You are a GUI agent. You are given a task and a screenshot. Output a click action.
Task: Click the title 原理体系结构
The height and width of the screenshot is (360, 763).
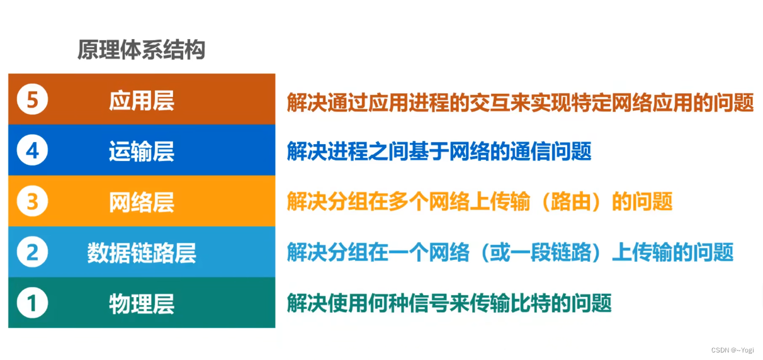[141, 50]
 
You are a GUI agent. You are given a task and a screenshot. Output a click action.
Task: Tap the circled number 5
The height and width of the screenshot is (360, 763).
[32, 101]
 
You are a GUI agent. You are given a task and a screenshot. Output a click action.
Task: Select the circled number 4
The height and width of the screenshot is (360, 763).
[32, 151]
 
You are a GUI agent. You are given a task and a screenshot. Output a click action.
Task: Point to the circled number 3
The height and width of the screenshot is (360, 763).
[32, 202]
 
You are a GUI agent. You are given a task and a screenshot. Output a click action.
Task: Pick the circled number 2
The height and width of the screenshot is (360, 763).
[32, 252]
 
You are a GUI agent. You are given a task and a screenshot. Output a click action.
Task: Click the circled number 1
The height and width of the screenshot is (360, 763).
[32, 303]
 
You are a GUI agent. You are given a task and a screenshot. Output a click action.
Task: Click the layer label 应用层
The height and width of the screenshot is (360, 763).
[142, 101]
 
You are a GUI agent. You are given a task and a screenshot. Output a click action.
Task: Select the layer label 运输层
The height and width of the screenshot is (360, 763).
[142, 151]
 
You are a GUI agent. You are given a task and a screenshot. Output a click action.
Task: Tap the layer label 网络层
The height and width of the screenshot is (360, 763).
[142, 202]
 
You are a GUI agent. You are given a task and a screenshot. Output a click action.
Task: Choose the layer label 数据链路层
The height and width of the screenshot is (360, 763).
[142, 252]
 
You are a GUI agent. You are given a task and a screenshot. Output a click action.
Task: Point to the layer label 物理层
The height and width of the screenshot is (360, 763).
[142, 303]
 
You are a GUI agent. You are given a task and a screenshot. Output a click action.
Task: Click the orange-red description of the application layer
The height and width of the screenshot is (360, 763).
[520, 101]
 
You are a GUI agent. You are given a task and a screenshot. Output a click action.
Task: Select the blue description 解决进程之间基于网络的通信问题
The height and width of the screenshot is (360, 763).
[439, 152]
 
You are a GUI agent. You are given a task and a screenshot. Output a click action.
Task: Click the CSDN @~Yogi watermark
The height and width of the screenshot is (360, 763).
[732, 350]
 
